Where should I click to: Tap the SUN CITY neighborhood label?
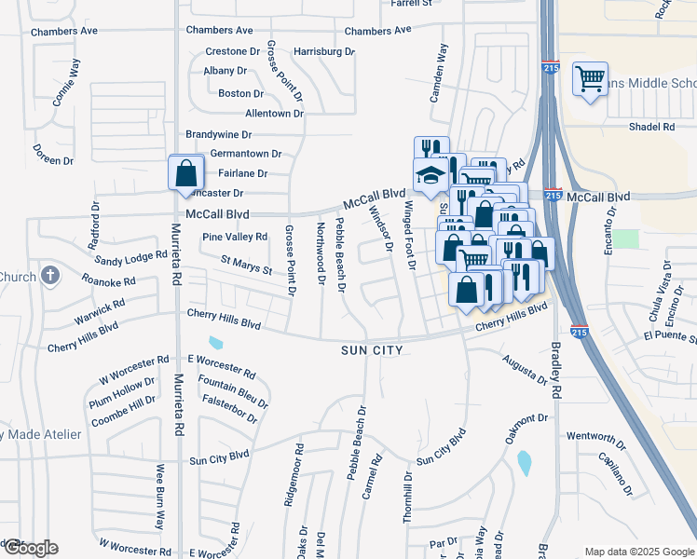371,350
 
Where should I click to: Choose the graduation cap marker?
430,175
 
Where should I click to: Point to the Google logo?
30,548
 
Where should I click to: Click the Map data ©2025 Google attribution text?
638,552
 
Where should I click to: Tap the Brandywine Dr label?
220,134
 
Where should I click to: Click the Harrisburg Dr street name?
323,51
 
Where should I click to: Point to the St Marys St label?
245,266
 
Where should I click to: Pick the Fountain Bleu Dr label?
232,388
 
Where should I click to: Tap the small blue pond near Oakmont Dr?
524,461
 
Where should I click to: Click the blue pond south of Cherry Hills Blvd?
217,343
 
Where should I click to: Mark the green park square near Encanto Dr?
626,239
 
